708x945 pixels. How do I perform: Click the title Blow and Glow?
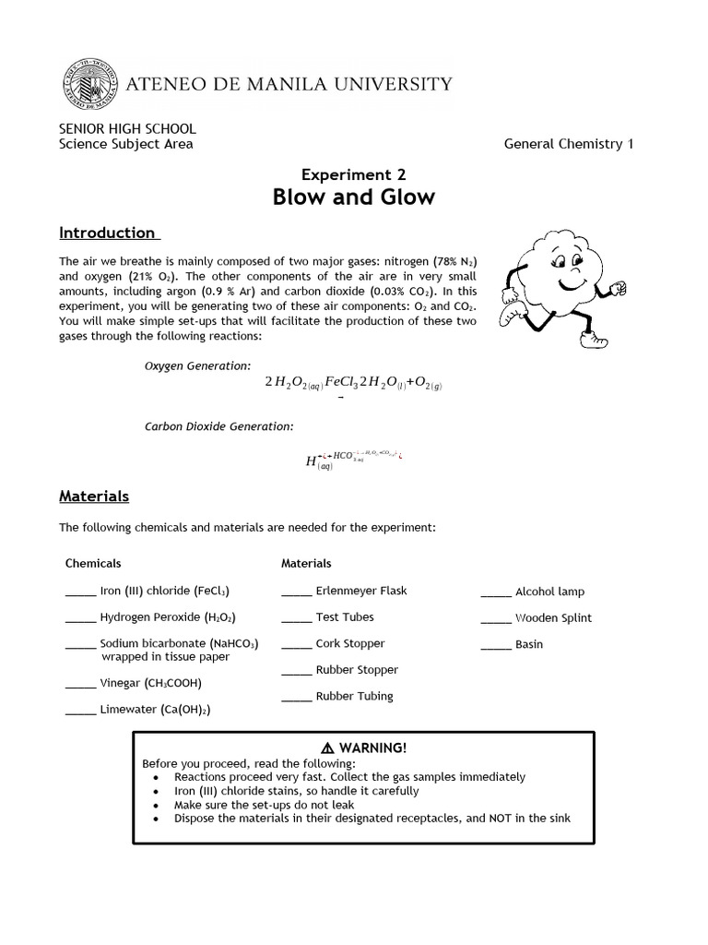354,197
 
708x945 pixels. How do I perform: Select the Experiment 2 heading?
354,173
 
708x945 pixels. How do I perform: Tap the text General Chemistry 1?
569,143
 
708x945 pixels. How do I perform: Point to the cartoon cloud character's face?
558,268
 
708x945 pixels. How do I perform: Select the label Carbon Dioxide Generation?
219,426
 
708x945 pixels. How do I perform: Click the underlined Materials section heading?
94,496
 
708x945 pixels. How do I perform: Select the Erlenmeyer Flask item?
360,591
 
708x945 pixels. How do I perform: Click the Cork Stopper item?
349,643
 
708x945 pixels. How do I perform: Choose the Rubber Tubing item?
354,696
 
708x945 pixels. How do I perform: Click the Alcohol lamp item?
549,592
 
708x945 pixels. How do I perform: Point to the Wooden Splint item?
553,618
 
